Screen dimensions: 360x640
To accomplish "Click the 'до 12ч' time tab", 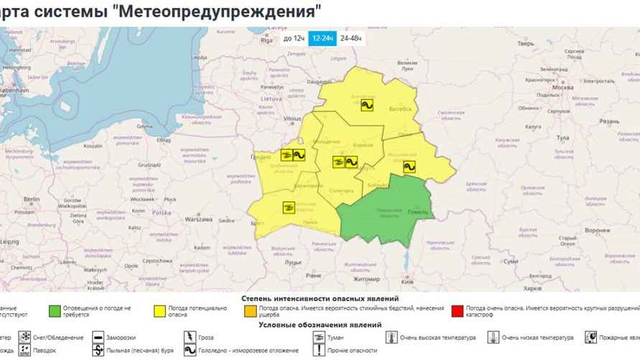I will (x=293, y=38).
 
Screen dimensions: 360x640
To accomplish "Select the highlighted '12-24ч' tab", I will (x=322, y=38).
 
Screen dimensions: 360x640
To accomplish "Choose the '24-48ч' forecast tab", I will (x=351, y=38).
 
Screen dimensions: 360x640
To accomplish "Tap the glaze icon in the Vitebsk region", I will (x=366, y=105).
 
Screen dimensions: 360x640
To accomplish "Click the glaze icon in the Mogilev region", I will (x=409, y=166).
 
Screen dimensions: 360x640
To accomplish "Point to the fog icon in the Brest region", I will (x=289, y=208).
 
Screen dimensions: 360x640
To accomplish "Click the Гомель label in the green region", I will (x=417, y=213).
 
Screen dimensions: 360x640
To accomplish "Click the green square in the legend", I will (x=54, y=311).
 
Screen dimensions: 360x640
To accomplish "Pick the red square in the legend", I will (x=458, y=311).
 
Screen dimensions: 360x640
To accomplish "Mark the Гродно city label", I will (x=261, y=157).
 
